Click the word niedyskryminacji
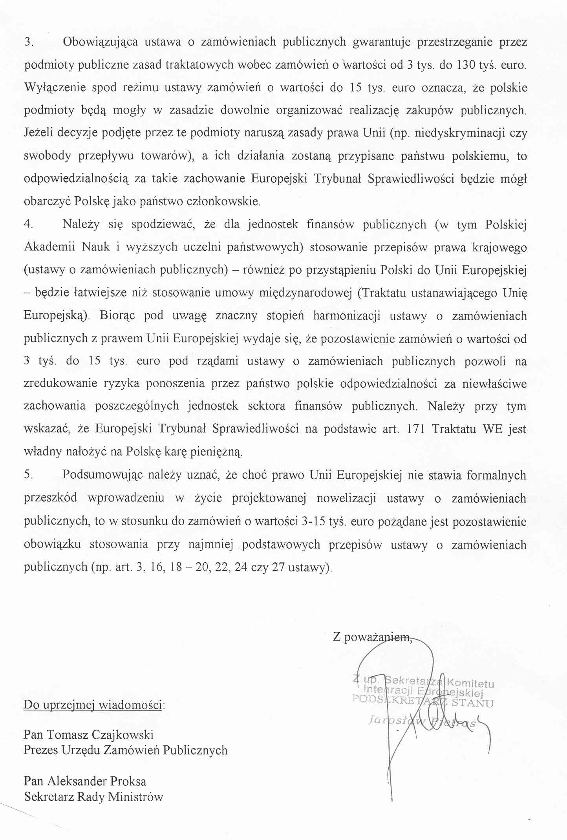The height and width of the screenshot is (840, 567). [x=459, y=133]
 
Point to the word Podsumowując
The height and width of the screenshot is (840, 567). [x=102, y=475]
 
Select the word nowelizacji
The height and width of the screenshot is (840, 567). [x=346, y=498]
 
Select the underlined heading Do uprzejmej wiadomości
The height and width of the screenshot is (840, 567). [x=93, y=705]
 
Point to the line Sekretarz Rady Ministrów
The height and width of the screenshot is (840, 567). [x=93, y=796]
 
